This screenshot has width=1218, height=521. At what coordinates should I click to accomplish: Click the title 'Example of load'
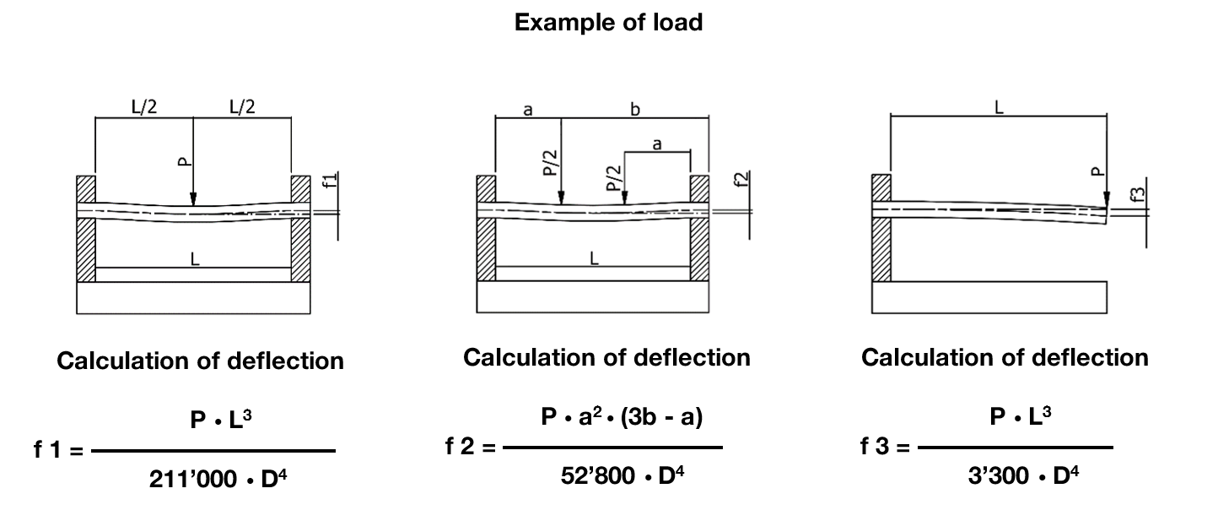(608, 23)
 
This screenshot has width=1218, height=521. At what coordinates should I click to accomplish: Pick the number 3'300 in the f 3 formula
(999, 476)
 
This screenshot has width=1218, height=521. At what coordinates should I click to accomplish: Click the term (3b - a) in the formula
(661, 417)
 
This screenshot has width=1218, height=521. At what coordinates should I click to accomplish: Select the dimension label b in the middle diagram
(634, 110)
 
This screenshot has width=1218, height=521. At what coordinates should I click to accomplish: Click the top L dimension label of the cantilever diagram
(999, 109)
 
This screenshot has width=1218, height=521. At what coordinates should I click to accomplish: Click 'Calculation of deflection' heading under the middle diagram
(606, 357)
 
